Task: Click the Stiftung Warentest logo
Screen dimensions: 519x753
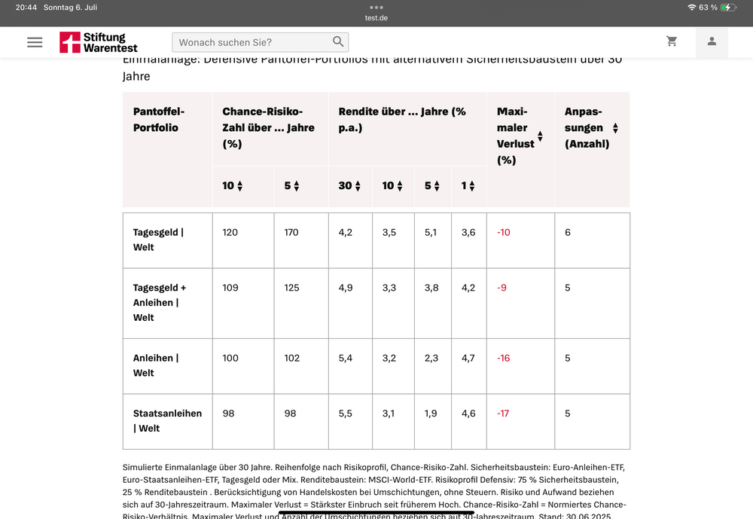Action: click(x=93, y=42)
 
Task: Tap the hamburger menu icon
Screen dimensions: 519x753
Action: click(x=35, y=42)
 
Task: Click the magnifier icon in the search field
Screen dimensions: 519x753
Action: click(x=338, y=42)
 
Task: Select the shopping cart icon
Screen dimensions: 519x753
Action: click(x=672, y=41)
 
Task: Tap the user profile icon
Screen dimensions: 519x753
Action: click(x=712, y=41)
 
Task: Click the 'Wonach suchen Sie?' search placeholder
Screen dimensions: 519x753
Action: click(x=226, y=42)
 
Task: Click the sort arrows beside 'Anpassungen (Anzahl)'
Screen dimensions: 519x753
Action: click(x=615, y=128)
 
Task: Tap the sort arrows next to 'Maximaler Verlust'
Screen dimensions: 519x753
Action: click(x=540, y=136)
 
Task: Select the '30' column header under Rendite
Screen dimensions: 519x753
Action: click(x=349, y=185)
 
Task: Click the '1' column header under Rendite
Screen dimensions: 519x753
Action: click(x=468, y=185)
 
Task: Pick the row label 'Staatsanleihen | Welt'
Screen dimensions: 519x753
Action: click(x=167, y=420)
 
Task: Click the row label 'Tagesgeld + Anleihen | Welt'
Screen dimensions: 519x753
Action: click(x=160, y=302)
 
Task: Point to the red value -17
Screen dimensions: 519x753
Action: click(x=504, y=414)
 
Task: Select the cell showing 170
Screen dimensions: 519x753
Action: click(x=291, y=232)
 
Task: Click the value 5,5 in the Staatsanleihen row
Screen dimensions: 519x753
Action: click(x=346, y=414)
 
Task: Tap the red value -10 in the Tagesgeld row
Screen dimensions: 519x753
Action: click(x=504, y=232)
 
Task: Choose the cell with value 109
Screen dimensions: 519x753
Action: click(x=230, y=287)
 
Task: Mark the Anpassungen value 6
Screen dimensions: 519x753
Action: click(x=568, y=232)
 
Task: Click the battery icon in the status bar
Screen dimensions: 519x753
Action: click(x=728, y=7)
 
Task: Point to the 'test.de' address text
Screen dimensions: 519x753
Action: click(x=376, y=18)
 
